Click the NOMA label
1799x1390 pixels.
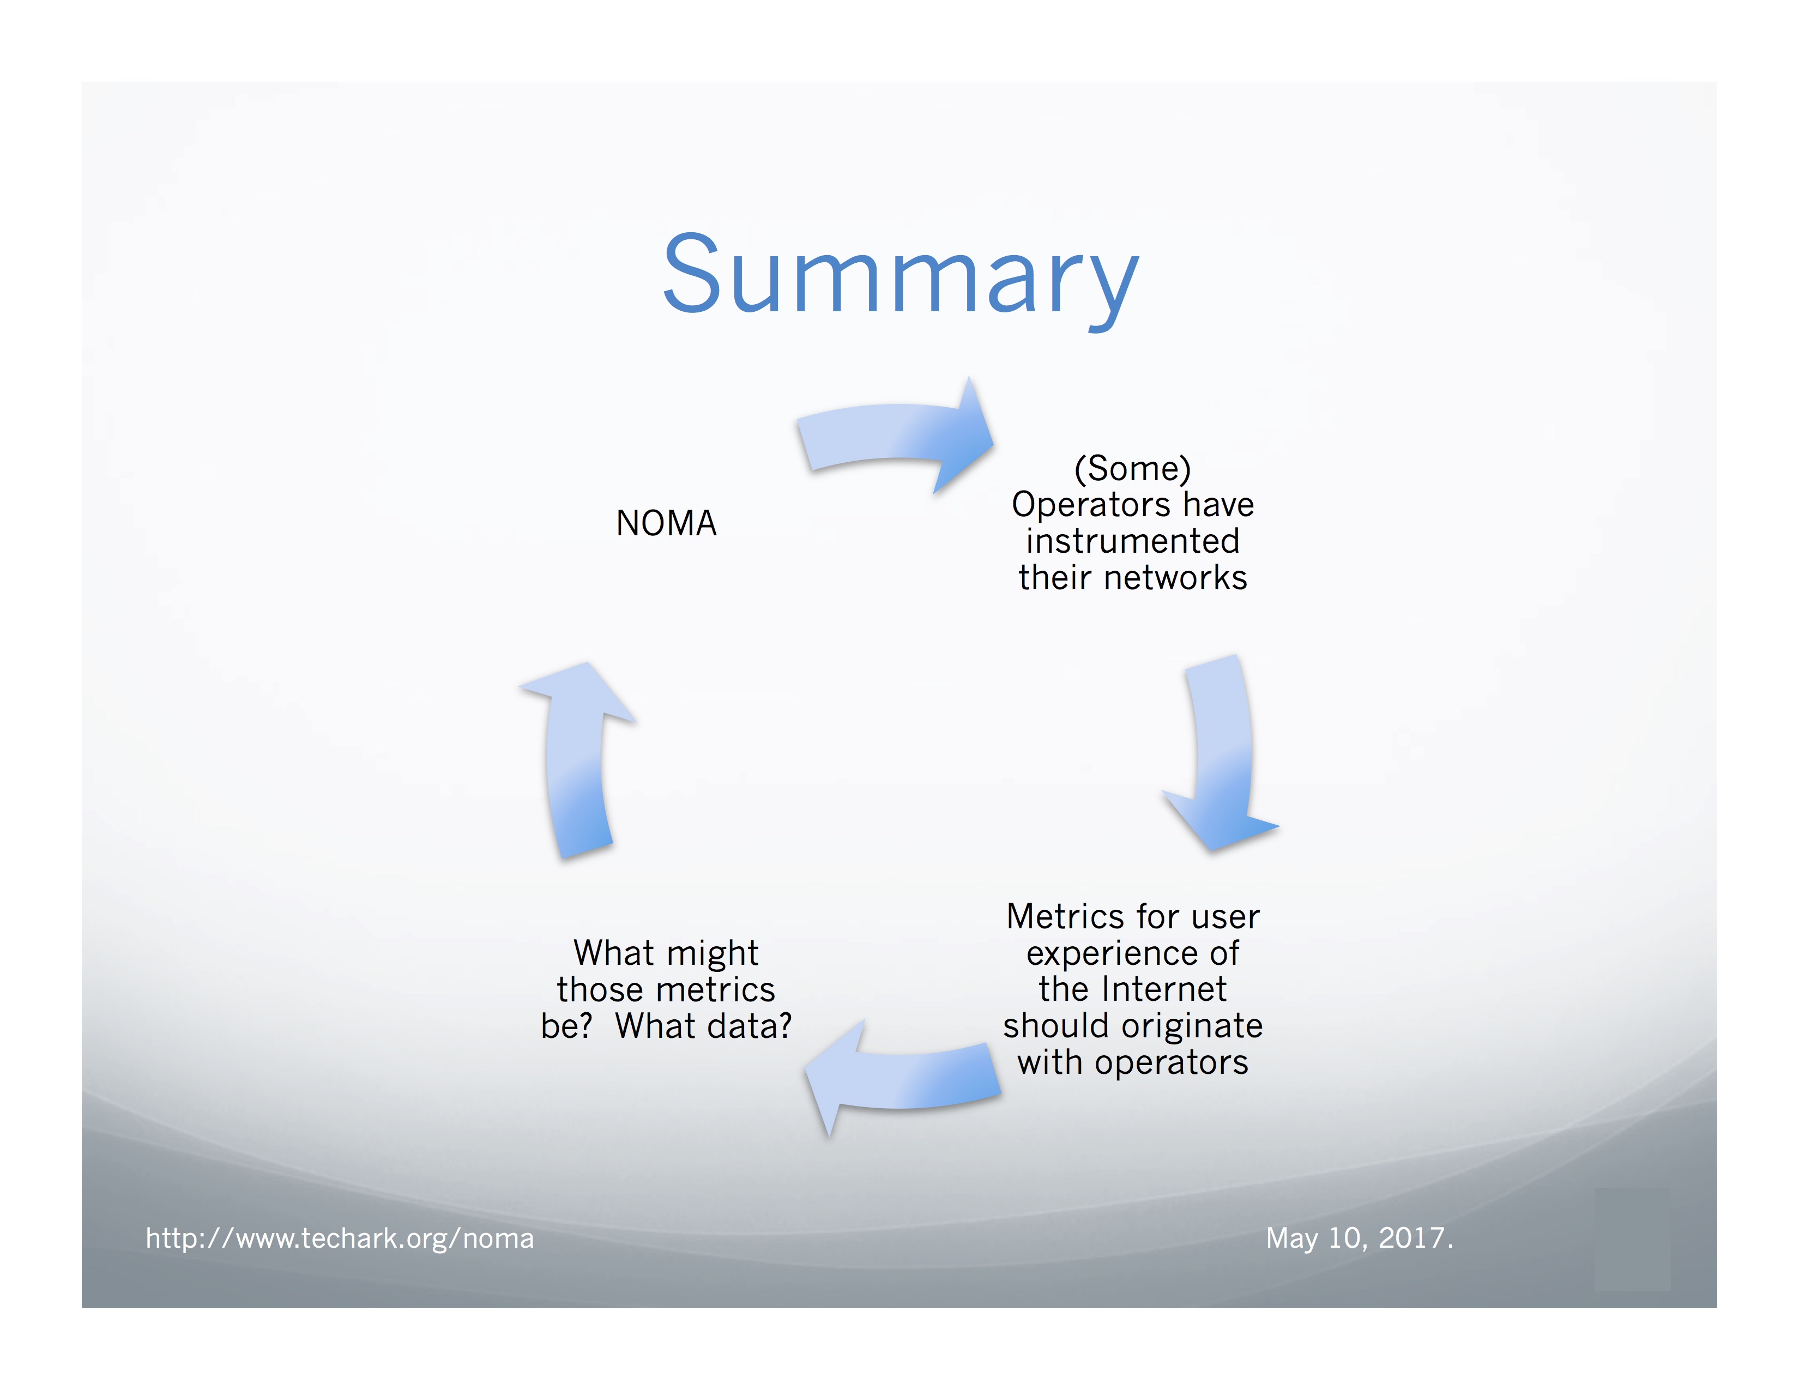(x=666, y=524)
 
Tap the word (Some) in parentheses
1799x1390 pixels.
(x=1133, y=469)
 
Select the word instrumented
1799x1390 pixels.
(x=1133, y=541)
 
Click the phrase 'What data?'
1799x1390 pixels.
(x=703, y=1026)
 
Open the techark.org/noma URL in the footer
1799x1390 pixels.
(x=340, y=1238)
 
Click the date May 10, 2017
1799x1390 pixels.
(x=1359, y=1238)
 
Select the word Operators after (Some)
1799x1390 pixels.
(x=1093, y=505)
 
